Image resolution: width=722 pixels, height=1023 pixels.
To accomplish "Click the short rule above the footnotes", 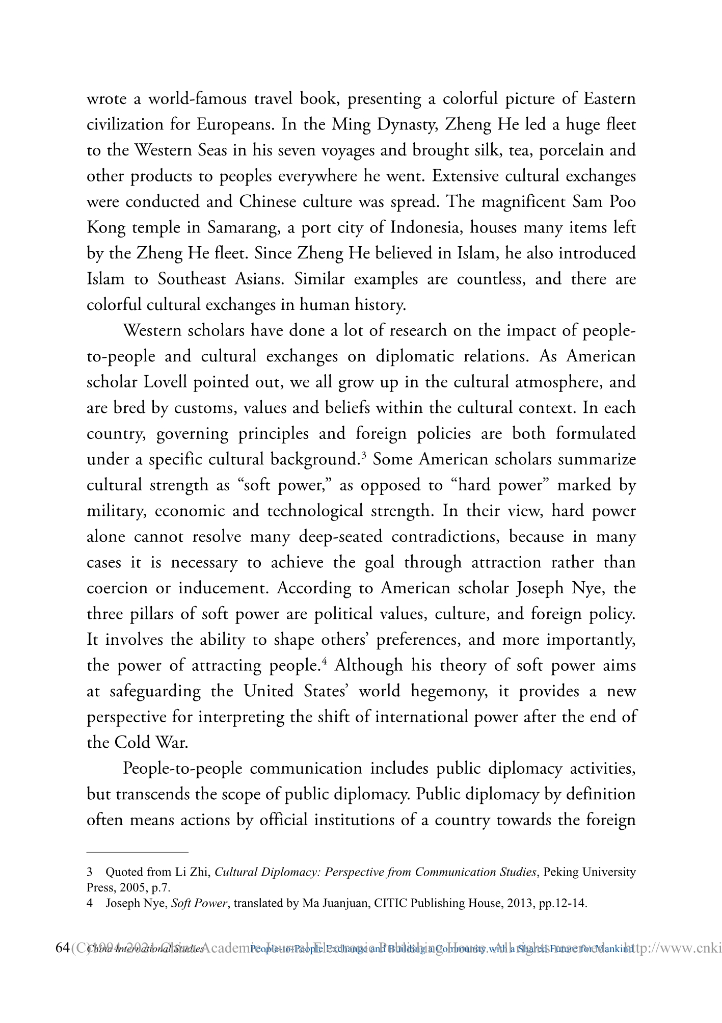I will pyautogui.click(x=138, y=852).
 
